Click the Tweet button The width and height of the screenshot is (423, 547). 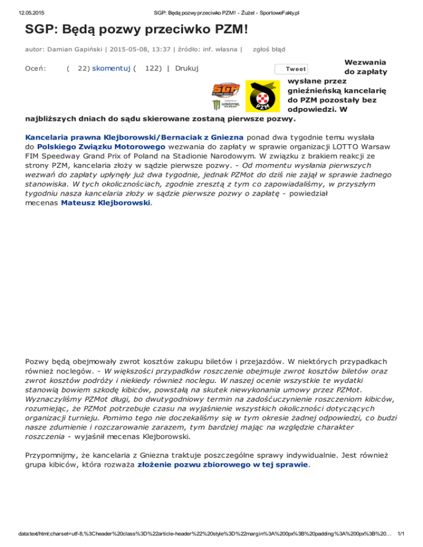(291, 69)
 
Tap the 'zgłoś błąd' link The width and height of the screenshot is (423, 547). (268, 49)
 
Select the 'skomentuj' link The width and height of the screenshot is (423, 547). (111, 68)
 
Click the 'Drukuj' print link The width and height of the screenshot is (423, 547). (187, 68)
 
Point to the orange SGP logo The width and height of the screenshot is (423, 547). (226, 89)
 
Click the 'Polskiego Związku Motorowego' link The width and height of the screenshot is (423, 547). (91, 147)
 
